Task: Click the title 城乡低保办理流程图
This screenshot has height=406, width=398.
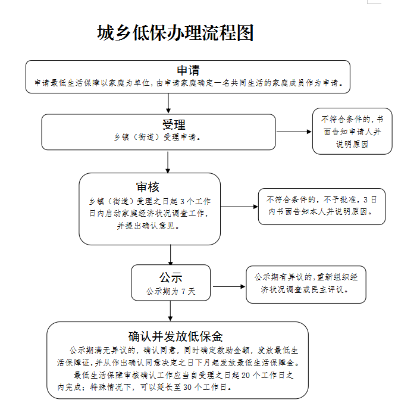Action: click(x=175, y=33)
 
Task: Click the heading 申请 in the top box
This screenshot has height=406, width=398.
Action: click(x=188, y=70)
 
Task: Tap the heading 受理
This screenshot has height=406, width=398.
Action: click(x=174, y=124)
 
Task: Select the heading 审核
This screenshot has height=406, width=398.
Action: click(x=148, y=187)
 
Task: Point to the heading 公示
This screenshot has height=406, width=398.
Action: click(x=171, y=277)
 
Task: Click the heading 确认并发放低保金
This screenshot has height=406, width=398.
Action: click(x=176, y=336)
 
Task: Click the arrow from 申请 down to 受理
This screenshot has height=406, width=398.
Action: click(x=168, y=103)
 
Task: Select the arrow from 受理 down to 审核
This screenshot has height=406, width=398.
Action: click(x=168, y=162)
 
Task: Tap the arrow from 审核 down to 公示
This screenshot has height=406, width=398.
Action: click(x=171, y=255)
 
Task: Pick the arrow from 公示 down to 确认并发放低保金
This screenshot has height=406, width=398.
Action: click(x=170, y=311)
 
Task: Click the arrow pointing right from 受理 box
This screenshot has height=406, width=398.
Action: click(x=294, y=132)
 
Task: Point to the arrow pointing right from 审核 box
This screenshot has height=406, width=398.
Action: click(x=239, y=207)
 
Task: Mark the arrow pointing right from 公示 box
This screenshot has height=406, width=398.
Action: click(x=229, y=286)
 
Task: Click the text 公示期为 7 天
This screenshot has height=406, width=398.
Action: click(x=171, y=292)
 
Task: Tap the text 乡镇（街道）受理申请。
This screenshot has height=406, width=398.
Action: click(x=158, y=137)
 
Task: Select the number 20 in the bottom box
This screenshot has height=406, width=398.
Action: click(x=246, y=375)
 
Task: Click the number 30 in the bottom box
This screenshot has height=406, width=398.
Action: click(x=187, y=388)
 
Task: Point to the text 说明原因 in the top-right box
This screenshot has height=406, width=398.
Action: click(x=352, y=144)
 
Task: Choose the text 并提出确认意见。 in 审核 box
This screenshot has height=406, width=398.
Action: click(x=149, y=226)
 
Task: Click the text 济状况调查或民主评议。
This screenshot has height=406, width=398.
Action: click(x=305, y=289)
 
